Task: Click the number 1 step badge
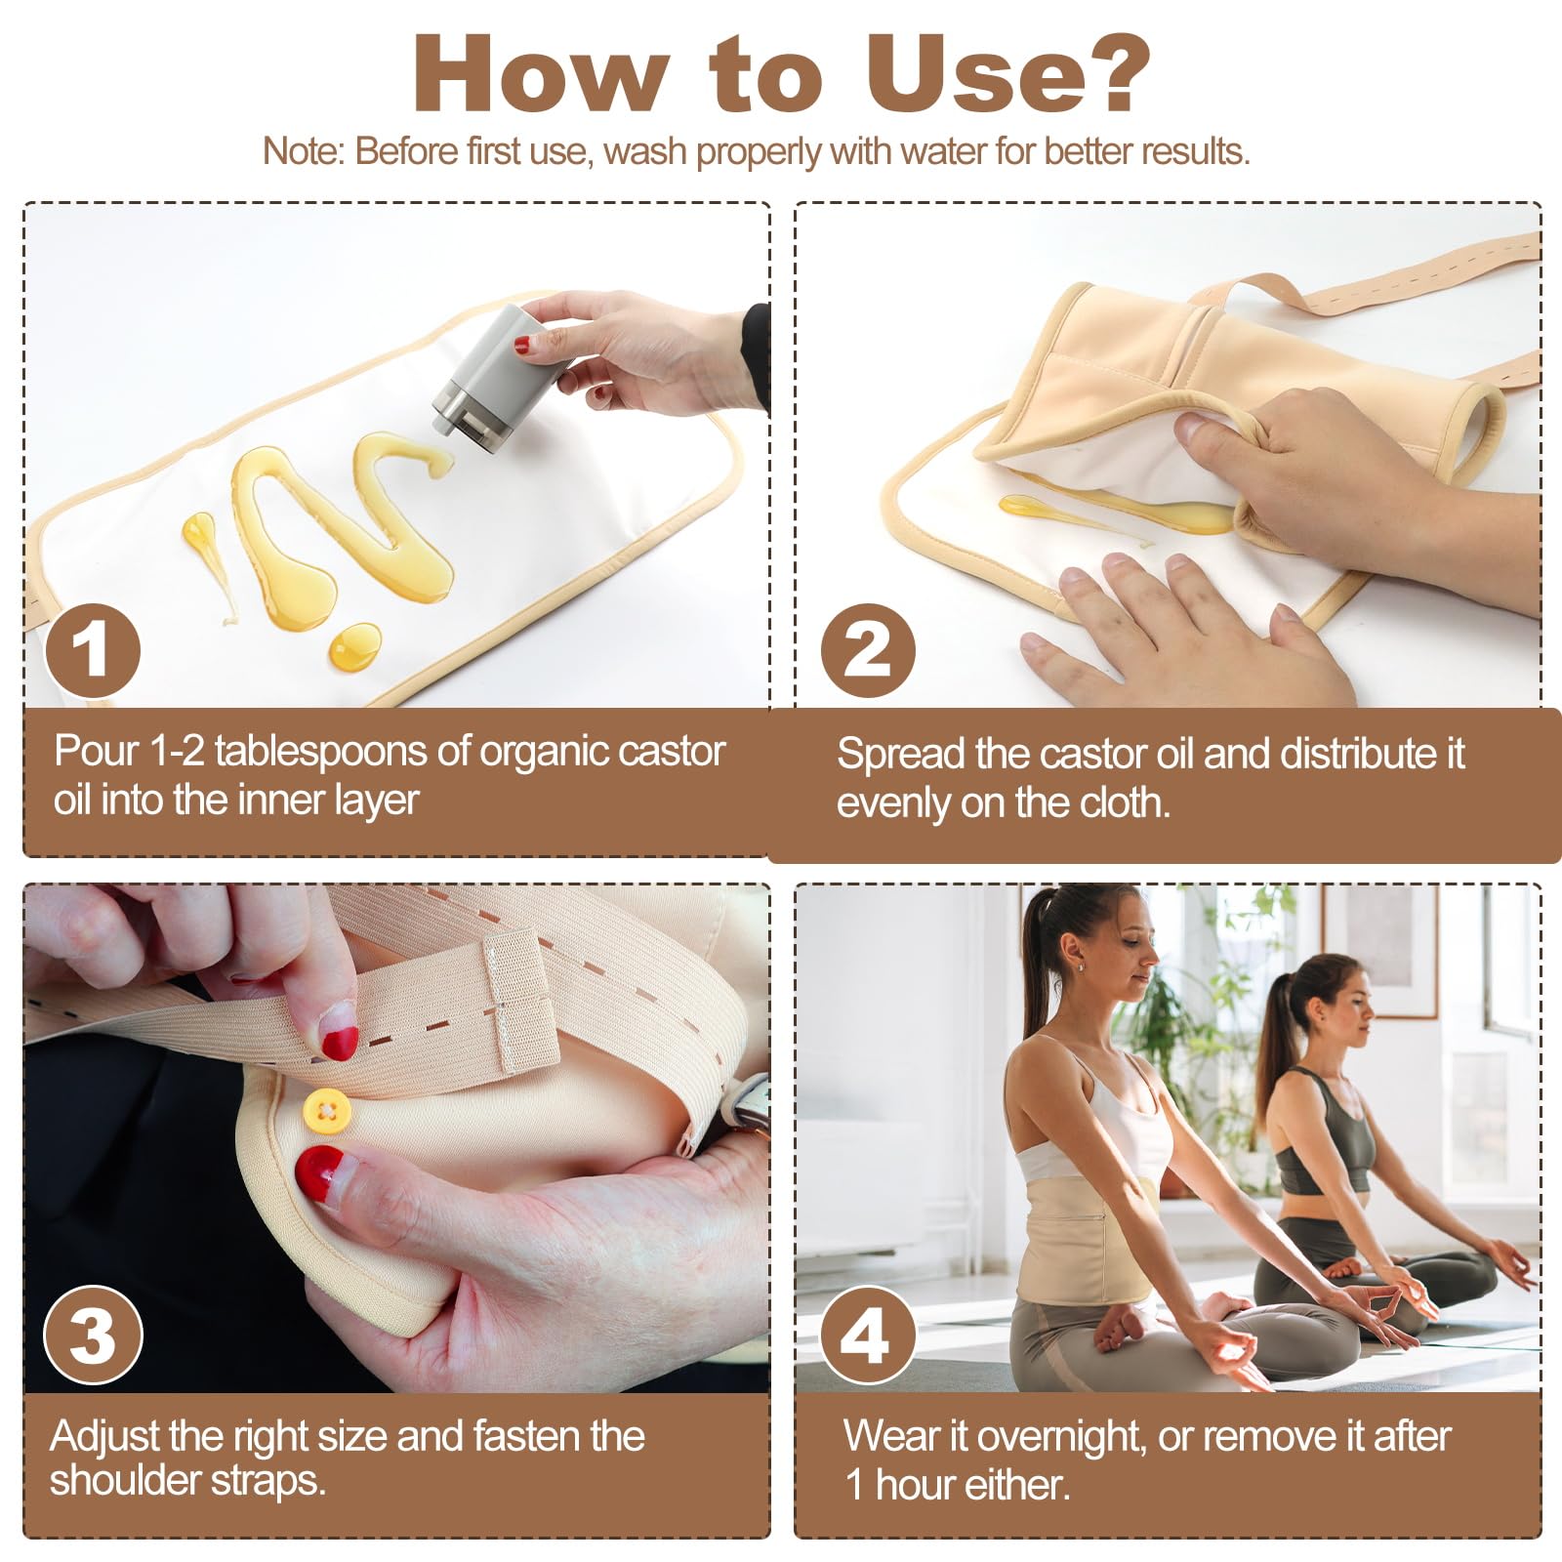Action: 93,650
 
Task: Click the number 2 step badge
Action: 867,650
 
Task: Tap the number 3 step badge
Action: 93,1335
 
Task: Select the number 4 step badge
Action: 867,1335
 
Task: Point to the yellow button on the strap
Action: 326,1111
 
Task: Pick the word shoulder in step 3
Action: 117,1480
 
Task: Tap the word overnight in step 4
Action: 1062,1436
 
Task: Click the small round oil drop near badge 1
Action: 355,644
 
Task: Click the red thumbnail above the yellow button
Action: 339,1043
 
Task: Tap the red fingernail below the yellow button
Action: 320,1168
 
